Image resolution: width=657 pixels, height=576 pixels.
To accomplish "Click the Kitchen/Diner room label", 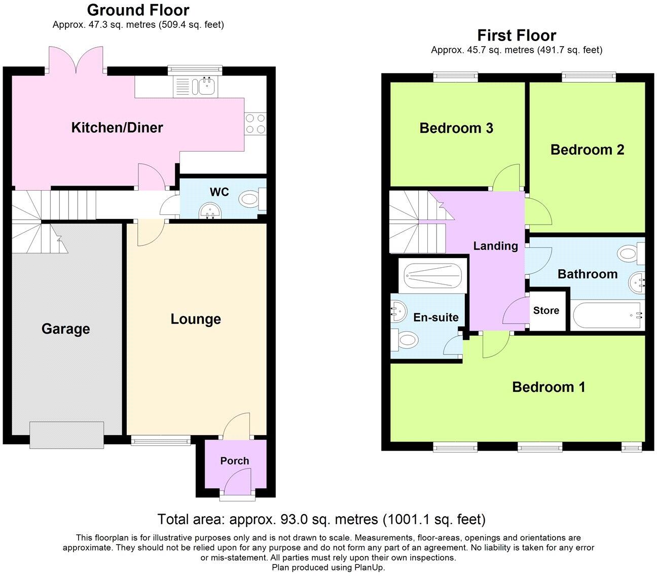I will [x=117, y=127].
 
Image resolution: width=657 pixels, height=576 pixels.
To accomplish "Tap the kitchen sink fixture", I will [x=196, y=87].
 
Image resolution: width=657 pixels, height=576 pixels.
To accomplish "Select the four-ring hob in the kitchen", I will [x=255, y=123].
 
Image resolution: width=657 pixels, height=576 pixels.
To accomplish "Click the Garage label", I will [x=65, y=329].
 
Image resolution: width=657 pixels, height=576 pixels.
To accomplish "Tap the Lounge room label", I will [x=196, y=319].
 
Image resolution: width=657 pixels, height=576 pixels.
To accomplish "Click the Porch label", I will [x=234, y=461].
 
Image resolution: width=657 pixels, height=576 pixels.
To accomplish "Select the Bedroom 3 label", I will [x=456, y=128].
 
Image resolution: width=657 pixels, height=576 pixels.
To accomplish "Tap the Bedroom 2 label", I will [x=587, y=150].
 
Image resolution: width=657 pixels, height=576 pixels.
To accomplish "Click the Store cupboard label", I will [x=546, y=311].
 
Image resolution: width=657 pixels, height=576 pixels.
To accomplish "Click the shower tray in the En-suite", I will [x=432, y=277].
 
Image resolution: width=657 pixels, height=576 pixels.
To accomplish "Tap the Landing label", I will [x=495, y=246].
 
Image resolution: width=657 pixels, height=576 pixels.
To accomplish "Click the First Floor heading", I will [x=517, y=35].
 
